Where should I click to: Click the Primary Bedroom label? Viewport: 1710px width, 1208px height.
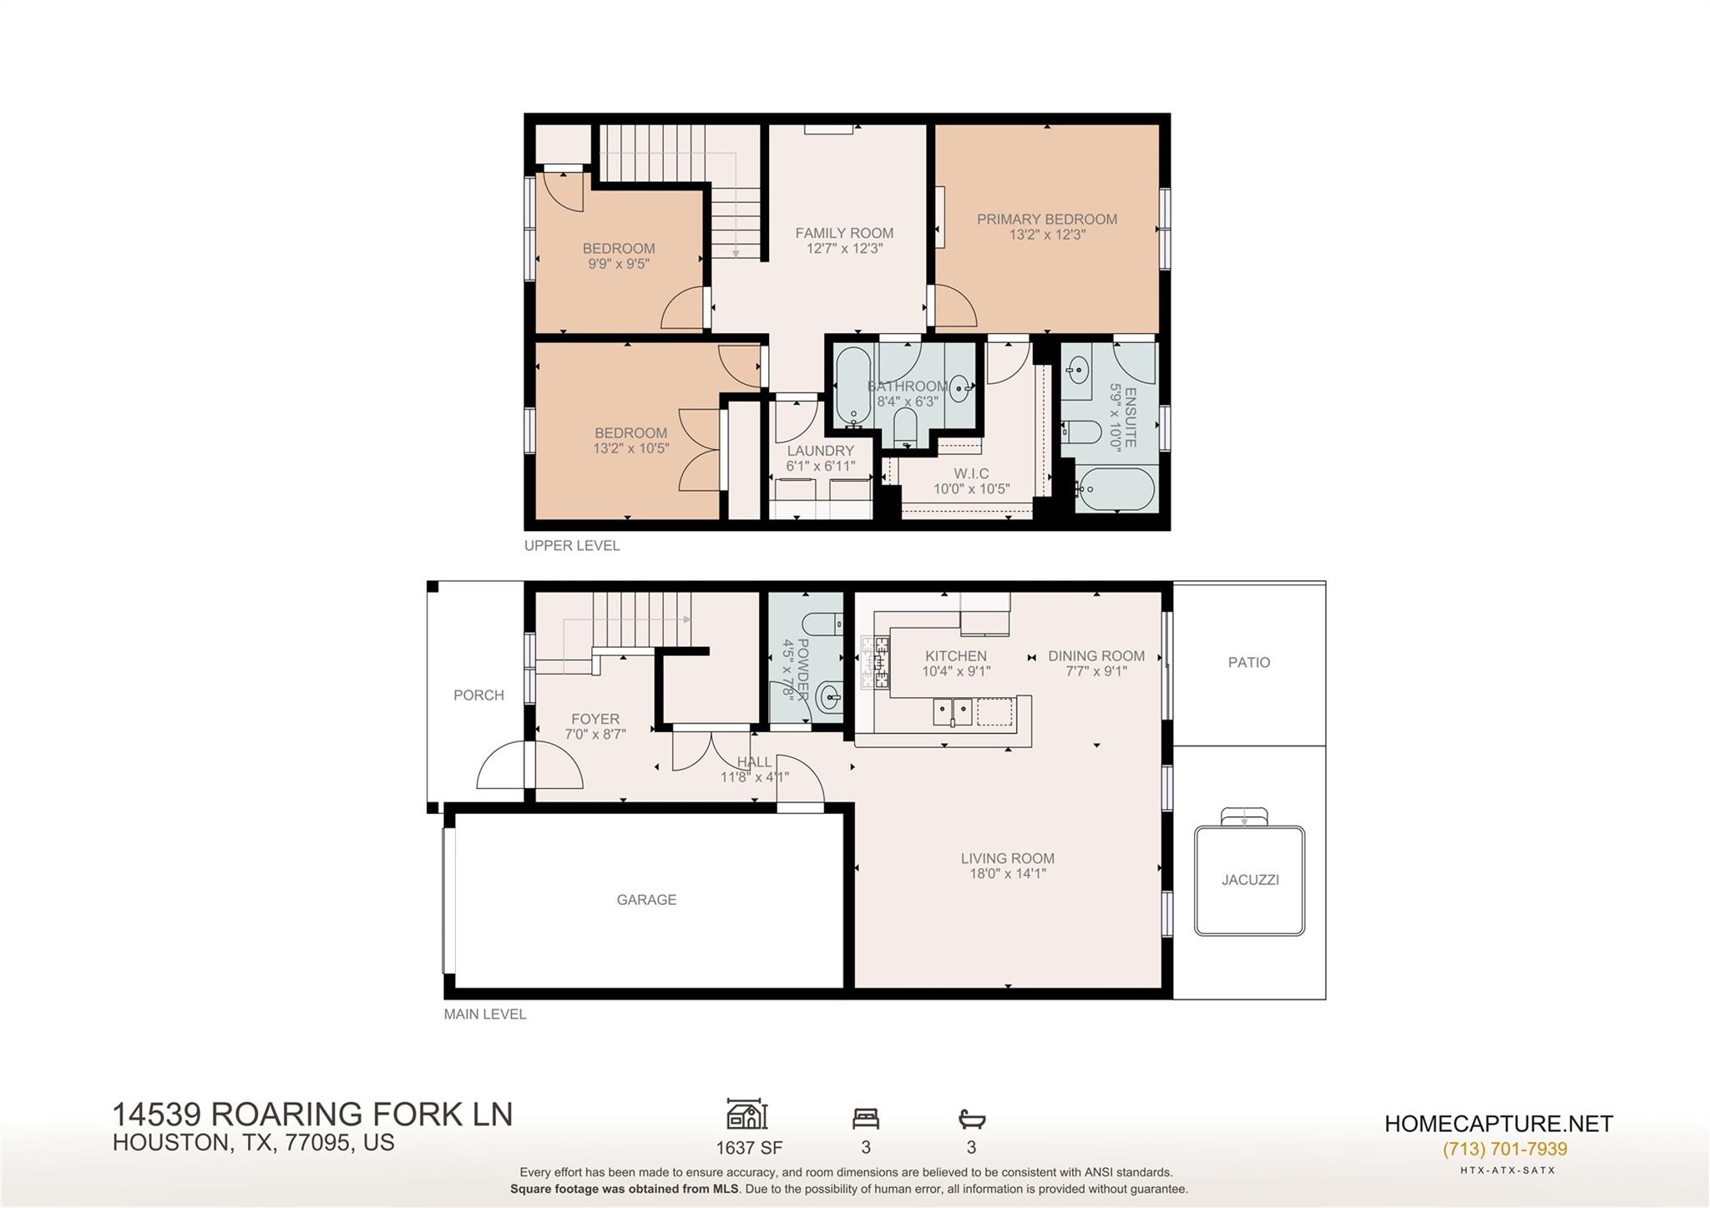click(x=1047, y=220)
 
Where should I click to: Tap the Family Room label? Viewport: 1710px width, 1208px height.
click(x=844, y=233)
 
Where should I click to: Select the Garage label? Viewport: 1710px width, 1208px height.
click(x=646, y=899)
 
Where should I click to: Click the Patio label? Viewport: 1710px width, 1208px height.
click(x=1249, y=662)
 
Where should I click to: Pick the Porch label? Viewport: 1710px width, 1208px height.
click(x=478, y=695)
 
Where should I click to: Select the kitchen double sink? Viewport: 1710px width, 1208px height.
click(x=952, y=712)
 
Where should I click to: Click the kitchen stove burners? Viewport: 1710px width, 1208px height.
click(x=875, y=662)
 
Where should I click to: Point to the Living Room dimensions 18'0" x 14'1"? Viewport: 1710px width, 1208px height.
click(x=1007, y=873)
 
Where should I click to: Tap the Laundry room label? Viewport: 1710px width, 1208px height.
click(x=820, y=451)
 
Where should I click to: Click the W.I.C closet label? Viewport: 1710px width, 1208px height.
click(x=971, y=473)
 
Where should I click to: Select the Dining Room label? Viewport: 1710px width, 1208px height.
click(x=1096, y=655)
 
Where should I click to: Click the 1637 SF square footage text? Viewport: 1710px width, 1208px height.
click(x=749, y=1148)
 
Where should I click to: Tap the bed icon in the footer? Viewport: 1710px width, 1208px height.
click(x=866, y=1118)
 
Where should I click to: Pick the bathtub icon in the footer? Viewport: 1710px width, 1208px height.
click(x=972, y=1118)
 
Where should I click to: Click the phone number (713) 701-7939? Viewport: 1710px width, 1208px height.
click(x=1505, y=1149)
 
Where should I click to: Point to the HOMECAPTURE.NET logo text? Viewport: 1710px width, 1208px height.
click(x=1499, y=1124)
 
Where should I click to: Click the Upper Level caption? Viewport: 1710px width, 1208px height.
click(x=572, y=545)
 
